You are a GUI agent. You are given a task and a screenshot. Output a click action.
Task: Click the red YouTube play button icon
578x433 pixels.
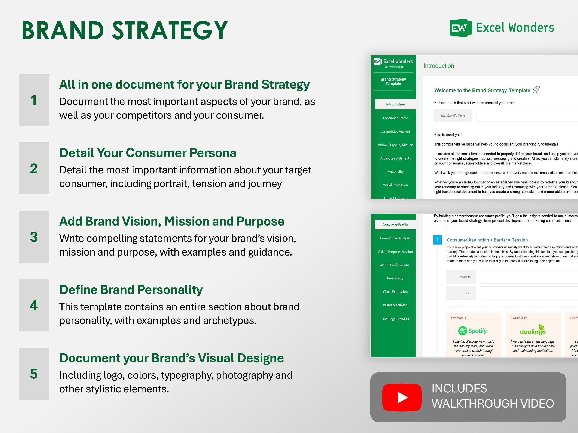pyautogui.click(x=402, y=397)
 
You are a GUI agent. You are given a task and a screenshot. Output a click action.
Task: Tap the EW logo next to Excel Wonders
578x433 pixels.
pyautogui.click(x=460, y=28)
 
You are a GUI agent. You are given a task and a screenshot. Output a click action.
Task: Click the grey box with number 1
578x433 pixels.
pyautogui.click(x=34, y=100)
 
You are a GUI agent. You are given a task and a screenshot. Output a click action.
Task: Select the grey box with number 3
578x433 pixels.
pyautogui.click(x=34, y=237)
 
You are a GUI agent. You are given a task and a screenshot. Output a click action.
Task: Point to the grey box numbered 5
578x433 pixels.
pyautogui.click(x=34, y=374)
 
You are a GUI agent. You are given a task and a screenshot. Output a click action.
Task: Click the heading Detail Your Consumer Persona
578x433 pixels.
pyautogui.click(x=148, y=153)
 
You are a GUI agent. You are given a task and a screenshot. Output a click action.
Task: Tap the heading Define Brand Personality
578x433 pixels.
pyautogui.click(x=131, y=290)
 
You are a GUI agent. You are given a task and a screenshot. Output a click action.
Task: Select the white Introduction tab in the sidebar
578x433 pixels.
pyautogui.click(x=395, y=104)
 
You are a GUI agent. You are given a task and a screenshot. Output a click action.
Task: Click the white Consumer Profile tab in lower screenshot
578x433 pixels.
pyautogui.click(x=395, y=225)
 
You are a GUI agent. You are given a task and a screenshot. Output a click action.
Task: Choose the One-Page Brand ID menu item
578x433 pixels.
pyautogui.click(x=395, y=319)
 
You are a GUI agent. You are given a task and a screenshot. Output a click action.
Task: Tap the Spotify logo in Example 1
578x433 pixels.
pyautogui.click(x=473, y=331)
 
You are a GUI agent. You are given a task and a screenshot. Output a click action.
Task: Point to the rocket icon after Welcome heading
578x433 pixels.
pyautogui.click(x=536, y=90)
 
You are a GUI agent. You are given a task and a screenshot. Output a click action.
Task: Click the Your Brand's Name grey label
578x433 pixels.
pyautogui.click(x=453, y=116)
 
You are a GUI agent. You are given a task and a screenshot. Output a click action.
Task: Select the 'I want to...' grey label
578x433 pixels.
pyautogui.click(x=461, y=277)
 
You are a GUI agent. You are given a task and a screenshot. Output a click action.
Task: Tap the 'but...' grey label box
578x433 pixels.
pyautogui.click(x=461, y=293)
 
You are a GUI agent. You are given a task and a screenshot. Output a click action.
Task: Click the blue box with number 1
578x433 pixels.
pyautogui.click(x=437, y=240)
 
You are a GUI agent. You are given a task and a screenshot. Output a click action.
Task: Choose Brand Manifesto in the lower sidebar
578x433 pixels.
pyautogui.click(x=395, y=305)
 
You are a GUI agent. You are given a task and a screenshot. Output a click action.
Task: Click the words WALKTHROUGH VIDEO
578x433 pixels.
pyautogui.click(x=493, y=404)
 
